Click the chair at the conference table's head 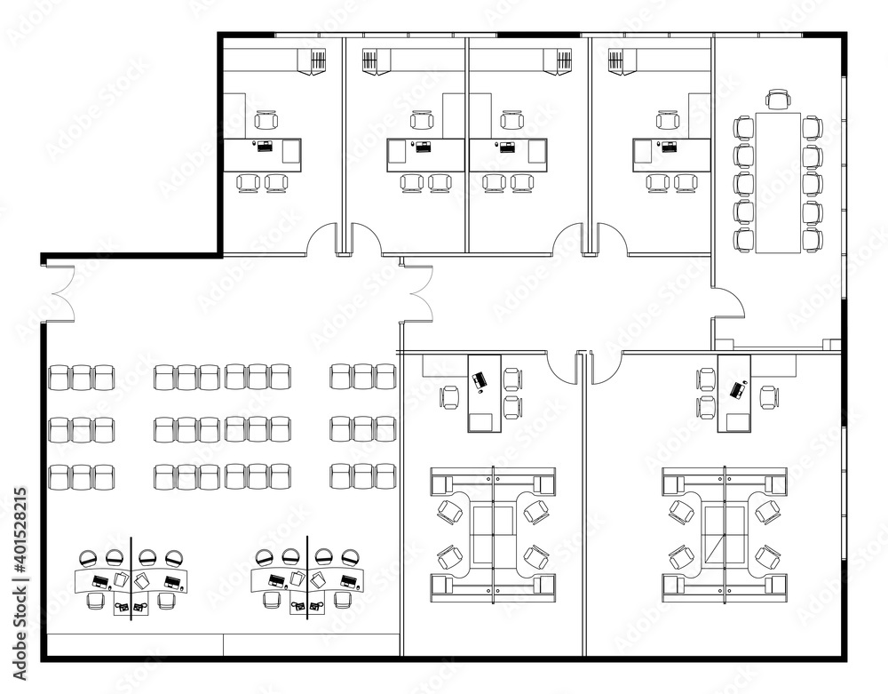(778, 99)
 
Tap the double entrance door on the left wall (58, 293)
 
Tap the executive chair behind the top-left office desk (265, 120)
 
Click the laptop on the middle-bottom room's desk (480, 381)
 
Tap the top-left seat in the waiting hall (59, 377)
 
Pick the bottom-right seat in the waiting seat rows (385, 477)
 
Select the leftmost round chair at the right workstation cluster (264, 557)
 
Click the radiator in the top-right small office (615, 61)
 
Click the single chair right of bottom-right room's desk (769, 396)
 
